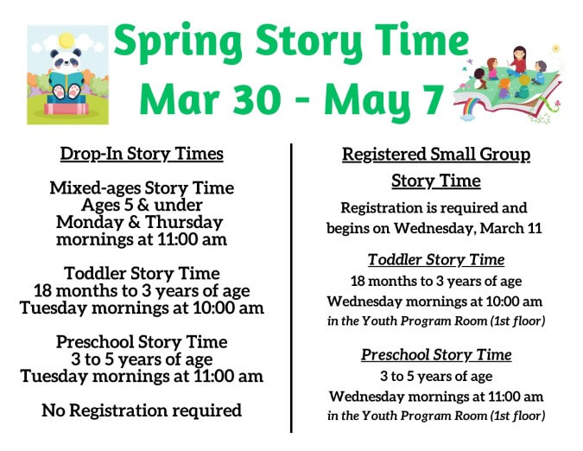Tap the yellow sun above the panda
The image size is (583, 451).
pos(67,40)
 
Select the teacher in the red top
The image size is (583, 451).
pos(519,60)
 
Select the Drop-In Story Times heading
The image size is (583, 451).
pos(142,154)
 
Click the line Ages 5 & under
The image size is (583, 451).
pos(142,205)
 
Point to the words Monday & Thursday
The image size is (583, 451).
pos(142,222)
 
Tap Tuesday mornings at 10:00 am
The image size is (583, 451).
pos(142,308)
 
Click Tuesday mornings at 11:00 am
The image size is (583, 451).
pos(142,376)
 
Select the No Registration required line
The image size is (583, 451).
pos(142,410)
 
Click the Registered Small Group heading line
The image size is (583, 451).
pos(435,155)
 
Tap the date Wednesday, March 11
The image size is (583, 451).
pos(490,228)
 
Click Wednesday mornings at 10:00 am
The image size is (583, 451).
pos(435,302)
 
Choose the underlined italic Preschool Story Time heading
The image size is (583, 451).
pos(435,355)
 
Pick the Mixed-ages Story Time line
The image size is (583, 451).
pos(142,187)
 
